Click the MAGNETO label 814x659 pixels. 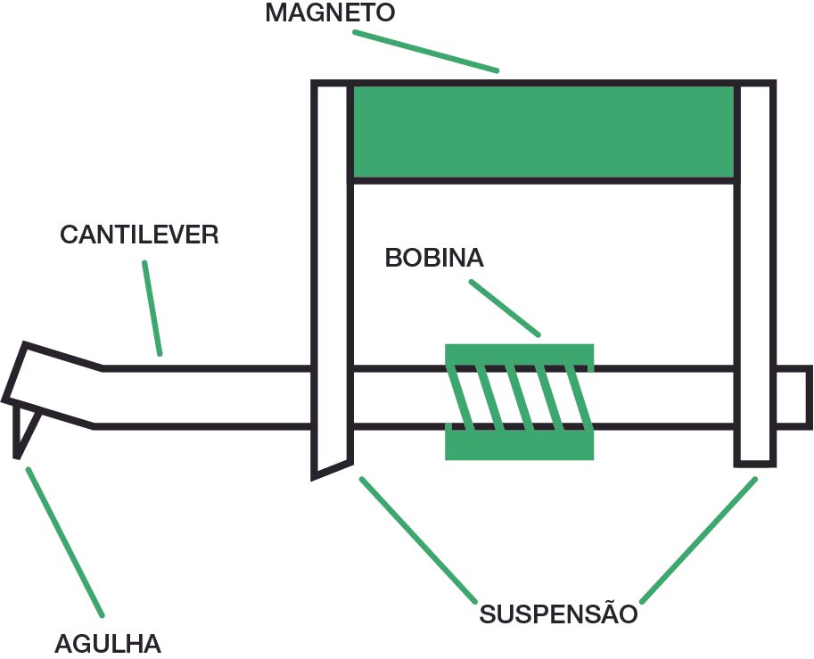(330, 13)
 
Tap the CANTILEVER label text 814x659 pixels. (139, 235)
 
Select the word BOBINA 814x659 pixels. (434, 258)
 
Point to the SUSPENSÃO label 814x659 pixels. (558, 614)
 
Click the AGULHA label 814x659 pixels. (108, 643)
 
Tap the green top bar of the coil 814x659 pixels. (519, 354)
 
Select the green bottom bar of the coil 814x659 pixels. (519, 445)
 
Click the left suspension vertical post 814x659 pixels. (331, 268)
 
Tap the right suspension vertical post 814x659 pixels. (754, 268)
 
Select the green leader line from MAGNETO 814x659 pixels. (425, 51)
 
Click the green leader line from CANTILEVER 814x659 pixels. (152, 309)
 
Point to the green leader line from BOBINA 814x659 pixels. (505, 308)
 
